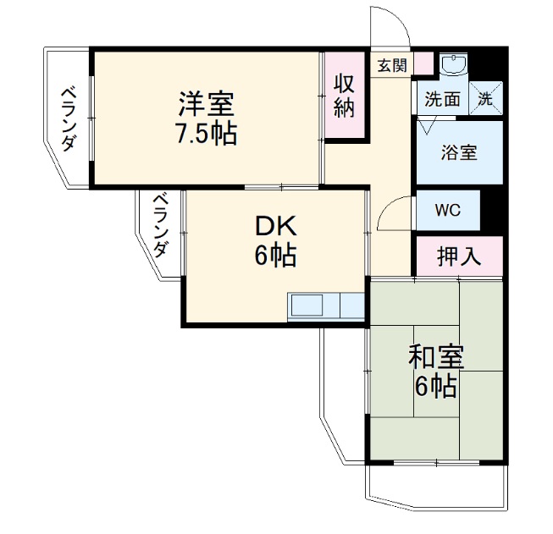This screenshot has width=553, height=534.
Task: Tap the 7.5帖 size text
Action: [207, 134]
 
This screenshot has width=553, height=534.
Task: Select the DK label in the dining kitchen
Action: [276, 226]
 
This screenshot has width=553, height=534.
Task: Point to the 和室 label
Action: [435, 356]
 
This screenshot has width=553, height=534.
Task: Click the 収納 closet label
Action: [343, 96]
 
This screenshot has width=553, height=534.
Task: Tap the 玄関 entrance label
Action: [391, 64]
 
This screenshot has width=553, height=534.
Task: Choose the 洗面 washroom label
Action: [442, 97]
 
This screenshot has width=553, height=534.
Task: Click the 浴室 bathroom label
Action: [459, 153]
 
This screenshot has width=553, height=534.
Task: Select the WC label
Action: [447, 210]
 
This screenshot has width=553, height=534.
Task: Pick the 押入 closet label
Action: [458, 256]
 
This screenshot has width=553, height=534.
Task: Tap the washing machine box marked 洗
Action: [486, 96]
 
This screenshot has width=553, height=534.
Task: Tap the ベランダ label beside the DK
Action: [160, 225]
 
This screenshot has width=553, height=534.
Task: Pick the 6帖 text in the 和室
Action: [435, 387]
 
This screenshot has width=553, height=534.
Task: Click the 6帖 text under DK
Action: [276, 256]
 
